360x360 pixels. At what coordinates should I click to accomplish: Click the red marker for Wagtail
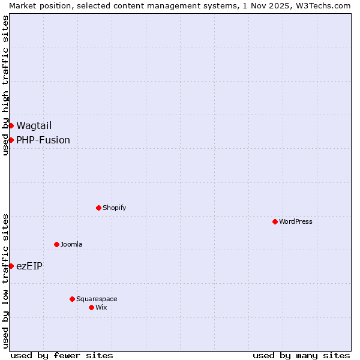pos(11,125)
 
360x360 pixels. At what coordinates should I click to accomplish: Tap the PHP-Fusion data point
pos(11,140)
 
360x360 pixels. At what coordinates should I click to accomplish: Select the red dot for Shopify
pos(98,208)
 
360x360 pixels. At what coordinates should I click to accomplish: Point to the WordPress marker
pos(275,221)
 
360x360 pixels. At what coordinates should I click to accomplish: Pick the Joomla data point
pos(56,244)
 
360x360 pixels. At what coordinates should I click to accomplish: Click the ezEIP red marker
pos(11,266)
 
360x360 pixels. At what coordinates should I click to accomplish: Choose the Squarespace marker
pos(72,299)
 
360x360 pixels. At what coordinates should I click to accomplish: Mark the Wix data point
pos(91,307)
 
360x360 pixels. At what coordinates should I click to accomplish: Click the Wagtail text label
pos(34,125)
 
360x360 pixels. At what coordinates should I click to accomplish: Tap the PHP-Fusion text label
pos(43,140)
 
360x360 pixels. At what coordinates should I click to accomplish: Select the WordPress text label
pos(296,221)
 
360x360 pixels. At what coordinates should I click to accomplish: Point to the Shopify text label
pos(114,208)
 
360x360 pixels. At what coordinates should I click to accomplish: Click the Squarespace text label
pos(97,299)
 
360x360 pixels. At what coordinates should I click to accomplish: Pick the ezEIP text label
pos(29,266)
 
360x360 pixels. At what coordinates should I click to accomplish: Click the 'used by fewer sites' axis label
pos(62,355)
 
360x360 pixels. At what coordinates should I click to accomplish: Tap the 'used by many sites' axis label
pos(301,355)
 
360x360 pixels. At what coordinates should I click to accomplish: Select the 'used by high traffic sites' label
pos(5,85)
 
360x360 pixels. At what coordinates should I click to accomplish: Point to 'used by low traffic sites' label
pos(5,281)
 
